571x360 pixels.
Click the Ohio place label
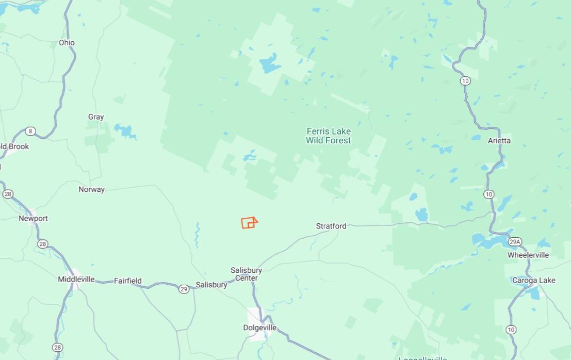pos(67,43)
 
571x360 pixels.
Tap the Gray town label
pos(96,117)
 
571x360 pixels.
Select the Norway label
pos(91,189)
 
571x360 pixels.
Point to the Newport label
pos(33,218)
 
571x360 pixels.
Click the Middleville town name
pos(76,279)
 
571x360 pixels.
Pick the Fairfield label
pos(127,281)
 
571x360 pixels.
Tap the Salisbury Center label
pos(246,274)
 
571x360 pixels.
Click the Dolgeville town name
pos(259,328)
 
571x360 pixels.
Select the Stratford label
pos(331,226)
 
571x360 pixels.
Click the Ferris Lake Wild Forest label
pos(328,136)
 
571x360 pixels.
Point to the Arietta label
pos(499,140)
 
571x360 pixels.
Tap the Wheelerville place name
pos(528,255)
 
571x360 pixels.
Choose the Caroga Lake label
pos(534,280)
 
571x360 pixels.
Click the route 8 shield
pos(30,131)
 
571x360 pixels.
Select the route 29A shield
pos(514,241)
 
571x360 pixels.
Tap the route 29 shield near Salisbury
pos(184,289)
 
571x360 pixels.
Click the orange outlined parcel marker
pos(249,223)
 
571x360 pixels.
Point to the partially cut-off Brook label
pos(14,146)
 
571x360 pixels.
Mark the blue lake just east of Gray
pos(125,130)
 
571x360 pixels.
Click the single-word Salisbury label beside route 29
pos(211,285)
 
